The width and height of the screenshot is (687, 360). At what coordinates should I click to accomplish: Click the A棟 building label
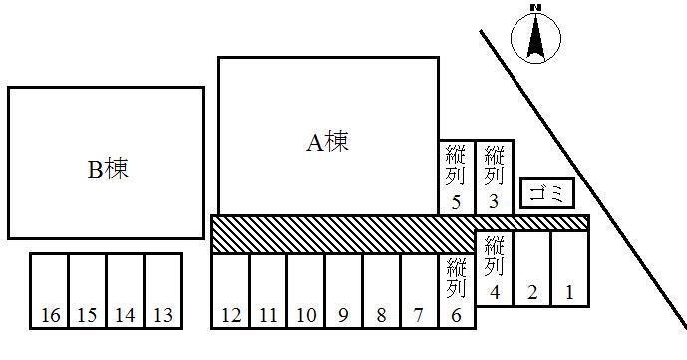pyautogui.click(x=327, y=143)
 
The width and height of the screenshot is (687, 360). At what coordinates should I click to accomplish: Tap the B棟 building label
pyautogui.click(x=107, y=169)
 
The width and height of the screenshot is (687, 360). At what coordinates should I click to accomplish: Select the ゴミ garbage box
pyautogui.click(x=547, y=192)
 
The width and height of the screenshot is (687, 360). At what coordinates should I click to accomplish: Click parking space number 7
pyautogui.click(x=419, y=291)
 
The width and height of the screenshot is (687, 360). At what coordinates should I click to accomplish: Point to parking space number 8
pyautogui.click(x=381, y=291)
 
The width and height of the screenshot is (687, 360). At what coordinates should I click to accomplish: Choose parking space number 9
pyautogui.click(x=343, y=291)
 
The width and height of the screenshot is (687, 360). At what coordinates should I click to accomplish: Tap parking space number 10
pyautogui.click(x=306, y=291)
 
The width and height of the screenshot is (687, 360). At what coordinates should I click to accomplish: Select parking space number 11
pyautogui.click(x=268, y=291)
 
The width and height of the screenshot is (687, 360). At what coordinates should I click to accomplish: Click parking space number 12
pyautogui.click(x=230, y=291)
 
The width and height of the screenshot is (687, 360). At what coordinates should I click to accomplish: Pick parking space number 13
pyautogui.click(x=164, y=291)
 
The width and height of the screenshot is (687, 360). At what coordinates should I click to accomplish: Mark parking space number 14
pyautogui.click(x=125, y=291)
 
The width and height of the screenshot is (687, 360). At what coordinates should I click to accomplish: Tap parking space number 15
pyautogui.click(x=87, y=291)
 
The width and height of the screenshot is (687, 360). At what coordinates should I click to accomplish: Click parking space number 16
pyautogui.click(x=49, y=291)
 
